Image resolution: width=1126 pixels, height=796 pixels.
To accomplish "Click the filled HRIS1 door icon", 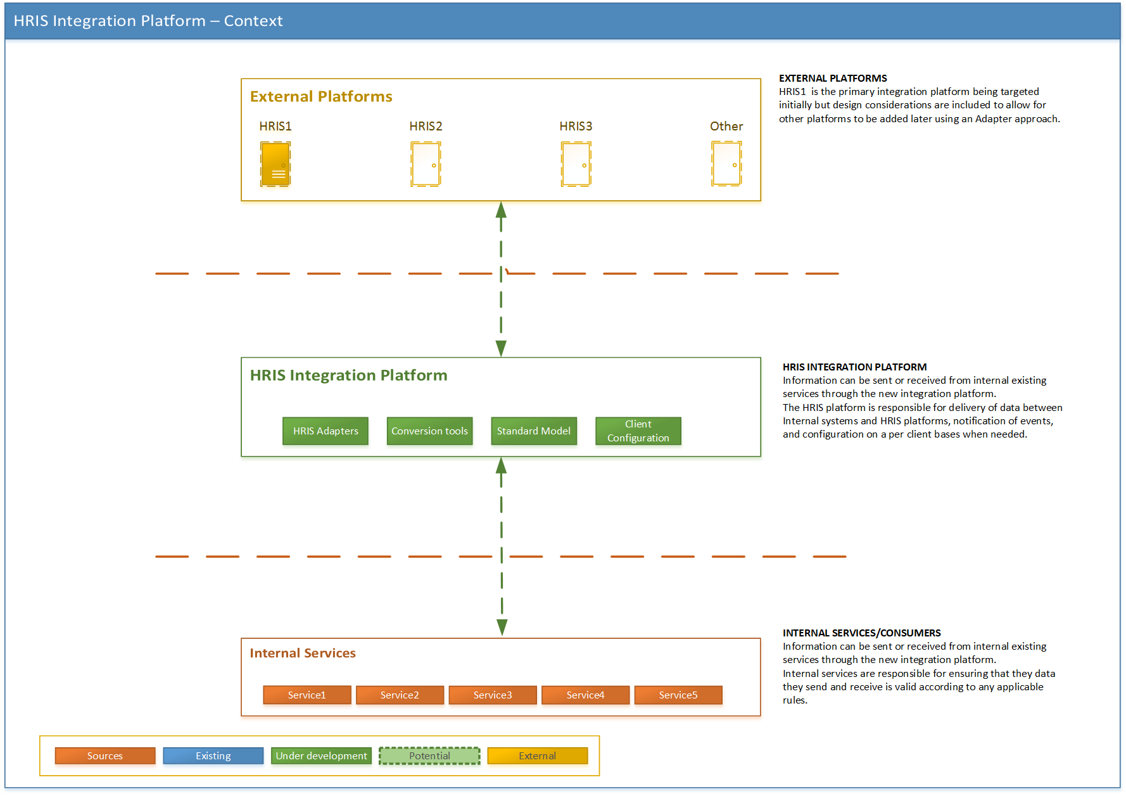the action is tap(275, 164).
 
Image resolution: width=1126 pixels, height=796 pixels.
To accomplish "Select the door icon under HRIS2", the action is tap(426, 164).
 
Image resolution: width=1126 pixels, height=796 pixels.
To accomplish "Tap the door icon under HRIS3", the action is tap(576, 164).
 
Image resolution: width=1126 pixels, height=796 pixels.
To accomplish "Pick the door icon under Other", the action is tap(726, 164).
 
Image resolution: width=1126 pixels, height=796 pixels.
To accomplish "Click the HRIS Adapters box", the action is tap(326, 431).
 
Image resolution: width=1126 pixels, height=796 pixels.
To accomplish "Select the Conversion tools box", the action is tap(429, 431).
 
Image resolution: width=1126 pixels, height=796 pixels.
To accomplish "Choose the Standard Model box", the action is tap(534, 431).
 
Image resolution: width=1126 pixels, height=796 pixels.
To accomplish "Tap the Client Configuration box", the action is tap(638, 431).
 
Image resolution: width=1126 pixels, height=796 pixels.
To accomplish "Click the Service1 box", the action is tap(307, 695).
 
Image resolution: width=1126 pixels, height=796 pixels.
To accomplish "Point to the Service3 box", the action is tap(493, 695).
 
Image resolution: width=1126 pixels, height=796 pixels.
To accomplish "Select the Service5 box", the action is tap(678, 695).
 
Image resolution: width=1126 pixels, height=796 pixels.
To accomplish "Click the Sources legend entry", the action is tap(105, 755).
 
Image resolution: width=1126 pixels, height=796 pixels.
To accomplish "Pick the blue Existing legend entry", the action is tap(213, 755).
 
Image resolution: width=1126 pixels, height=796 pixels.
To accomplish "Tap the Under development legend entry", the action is tap(321, 755).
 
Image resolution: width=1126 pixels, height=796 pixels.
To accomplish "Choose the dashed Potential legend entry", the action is tap(429, 755).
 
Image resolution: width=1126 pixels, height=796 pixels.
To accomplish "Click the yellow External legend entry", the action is tap(538, 755).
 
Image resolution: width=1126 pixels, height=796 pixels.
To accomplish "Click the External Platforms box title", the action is tap(321, 96).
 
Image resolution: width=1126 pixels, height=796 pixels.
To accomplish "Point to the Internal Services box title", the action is tap(303, 653).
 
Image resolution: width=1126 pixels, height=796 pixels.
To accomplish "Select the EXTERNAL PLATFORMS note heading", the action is tap(833, 78).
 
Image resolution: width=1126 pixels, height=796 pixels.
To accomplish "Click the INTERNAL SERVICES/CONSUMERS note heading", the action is tap(862, 633).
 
